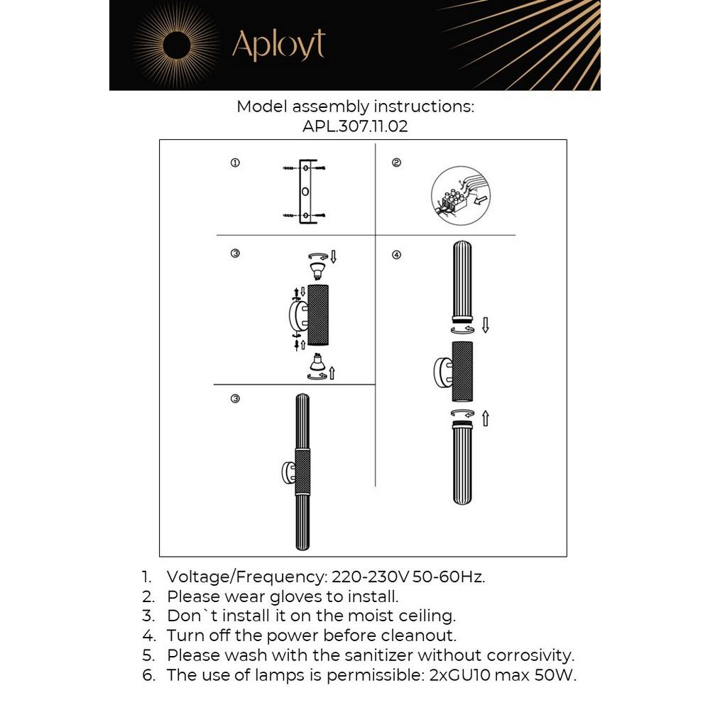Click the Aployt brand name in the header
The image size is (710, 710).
coord(278,45)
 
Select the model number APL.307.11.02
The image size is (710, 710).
coord(355,127)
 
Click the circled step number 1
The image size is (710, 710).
coord(235,163)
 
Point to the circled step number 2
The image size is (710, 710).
coord(396,163)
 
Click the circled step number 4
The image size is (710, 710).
coord(396,254)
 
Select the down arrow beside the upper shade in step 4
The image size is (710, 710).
coord(486,325)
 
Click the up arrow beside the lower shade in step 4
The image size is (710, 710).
coord(486,418)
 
